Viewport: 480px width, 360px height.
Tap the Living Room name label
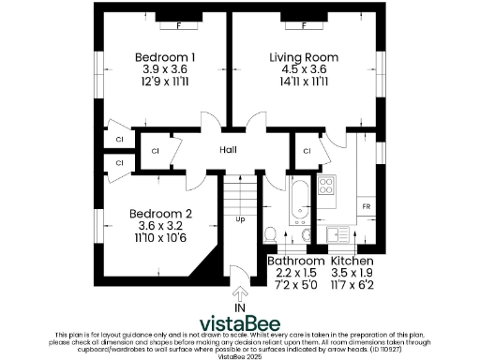point(304,58)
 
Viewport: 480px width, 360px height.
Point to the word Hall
point(228,150)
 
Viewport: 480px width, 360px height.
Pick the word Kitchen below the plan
point(352,260)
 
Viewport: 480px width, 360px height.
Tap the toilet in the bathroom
point(268,234)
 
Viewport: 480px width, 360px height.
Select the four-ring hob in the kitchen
point(326,184)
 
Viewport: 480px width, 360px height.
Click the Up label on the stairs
point(240,220)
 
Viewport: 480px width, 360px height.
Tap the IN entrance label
point(240,307)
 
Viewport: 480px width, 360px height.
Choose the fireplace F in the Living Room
point(304,24)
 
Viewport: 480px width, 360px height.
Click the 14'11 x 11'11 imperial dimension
point(304,82)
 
